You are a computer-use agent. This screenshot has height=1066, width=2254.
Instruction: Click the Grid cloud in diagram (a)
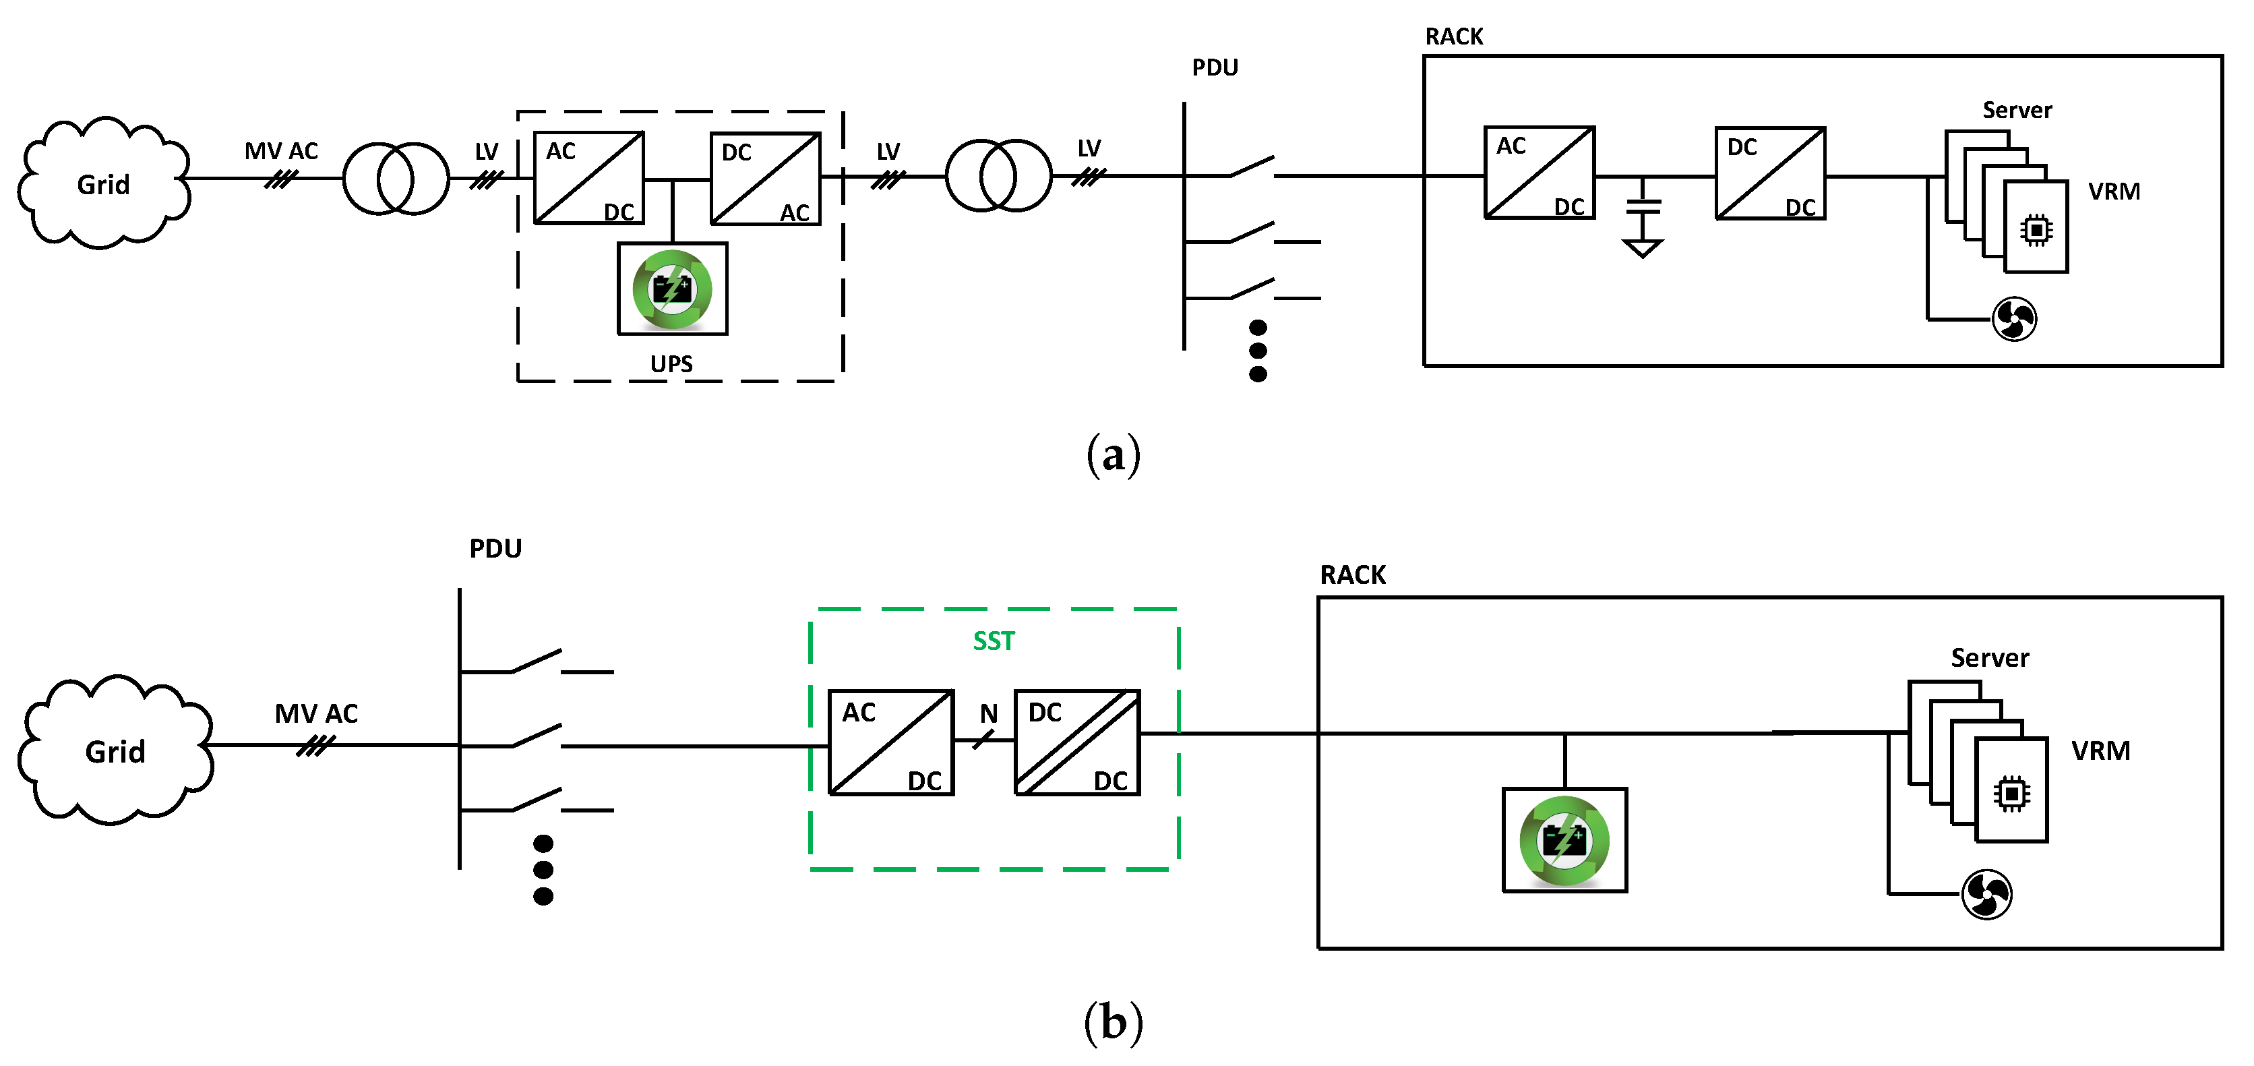point(103,184)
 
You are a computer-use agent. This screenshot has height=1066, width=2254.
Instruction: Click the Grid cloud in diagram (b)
point(115,751)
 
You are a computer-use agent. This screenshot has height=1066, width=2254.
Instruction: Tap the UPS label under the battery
point(671,363)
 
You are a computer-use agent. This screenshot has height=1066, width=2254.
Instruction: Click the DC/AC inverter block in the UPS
point(765,179)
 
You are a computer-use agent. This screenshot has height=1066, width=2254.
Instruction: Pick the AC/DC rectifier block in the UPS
point(589,179)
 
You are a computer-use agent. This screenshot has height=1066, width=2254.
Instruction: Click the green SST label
point(993,641)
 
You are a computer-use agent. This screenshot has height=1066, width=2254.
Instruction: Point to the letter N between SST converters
point(988,714)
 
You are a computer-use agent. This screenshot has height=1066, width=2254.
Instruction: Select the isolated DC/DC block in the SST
point(1076,743)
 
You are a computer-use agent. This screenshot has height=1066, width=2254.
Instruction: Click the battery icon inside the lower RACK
point(1564,841)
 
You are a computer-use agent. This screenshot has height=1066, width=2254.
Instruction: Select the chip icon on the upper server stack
point(2036,230)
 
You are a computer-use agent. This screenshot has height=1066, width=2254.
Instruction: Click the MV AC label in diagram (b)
point(316,713)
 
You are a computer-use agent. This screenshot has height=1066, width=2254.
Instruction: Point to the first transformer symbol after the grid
point(396,179)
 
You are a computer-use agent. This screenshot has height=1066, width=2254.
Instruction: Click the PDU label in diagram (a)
point(1215,67)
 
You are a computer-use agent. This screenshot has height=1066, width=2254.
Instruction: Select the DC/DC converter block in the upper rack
point(1769,174)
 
